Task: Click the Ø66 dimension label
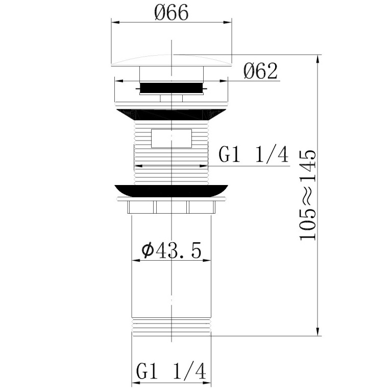click(172, 12)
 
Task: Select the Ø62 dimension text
click(260, 71)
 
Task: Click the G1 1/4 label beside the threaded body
click(254, 154)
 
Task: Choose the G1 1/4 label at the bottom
click(171, 372)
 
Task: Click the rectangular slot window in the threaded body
click(172, 139)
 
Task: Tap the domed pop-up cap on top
click(172, 60)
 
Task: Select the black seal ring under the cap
click(172, 88)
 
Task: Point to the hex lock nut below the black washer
click(172, 207)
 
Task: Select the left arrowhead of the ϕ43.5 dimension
click(135, 260)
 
